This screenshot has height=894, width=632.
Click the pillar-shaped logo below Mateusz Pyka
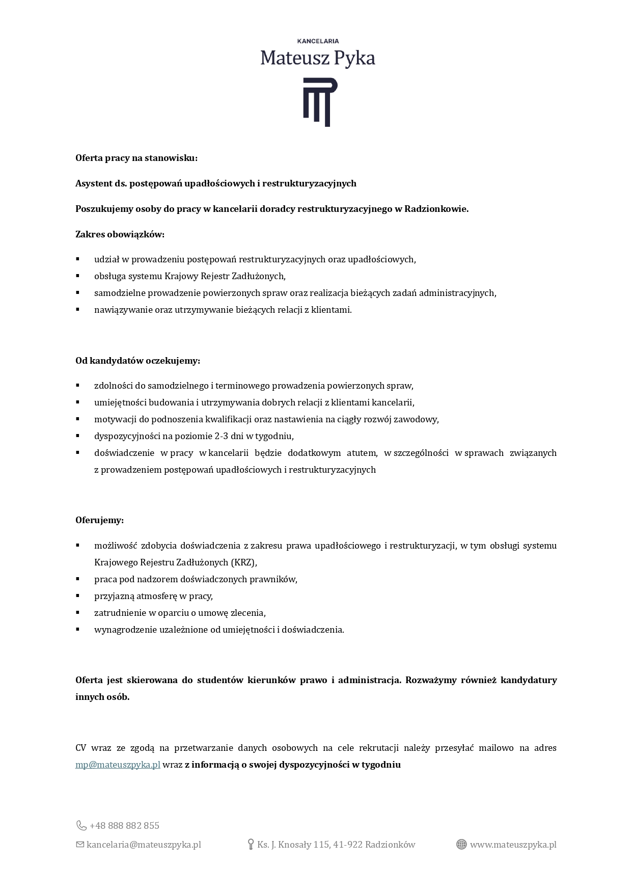pos(317,102)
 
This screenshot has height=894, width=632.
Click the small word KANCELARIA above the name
pos(318,41)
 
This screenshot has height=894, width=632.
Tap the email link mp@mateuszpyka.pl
pos(118,765)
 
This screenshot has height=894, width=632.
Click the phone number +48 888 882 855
pos(124,825)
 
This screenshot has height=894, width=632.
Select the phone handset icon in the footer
pos(81,825)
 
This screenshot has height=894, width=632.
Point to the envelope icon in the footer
pos(80,845)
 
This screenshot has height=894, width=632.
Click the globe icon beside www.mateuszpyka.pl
pos(461,845)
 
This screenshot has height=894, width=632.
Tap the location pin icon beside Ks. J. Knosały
pos(251,845)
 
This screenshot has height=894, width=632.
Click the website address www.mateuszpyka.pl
pos(513,845)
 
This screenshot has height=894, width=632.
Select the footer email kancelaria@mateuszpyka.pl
pos(144,845)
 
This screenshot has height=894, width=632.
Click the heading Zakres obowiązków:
pos(120,234)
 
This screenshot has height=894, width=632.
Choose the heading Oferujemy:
pos(100,520)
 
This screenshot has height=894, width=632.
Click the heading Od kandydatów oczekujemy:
pos(138,361)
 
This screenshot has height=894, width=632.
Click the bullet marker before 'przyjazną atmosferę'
pos(78,595)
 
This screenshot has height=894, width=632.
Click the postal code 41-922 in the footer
pos(348,845)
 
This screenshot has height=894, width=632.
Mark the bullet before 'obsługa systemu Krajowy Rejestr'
pos(78,276)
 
